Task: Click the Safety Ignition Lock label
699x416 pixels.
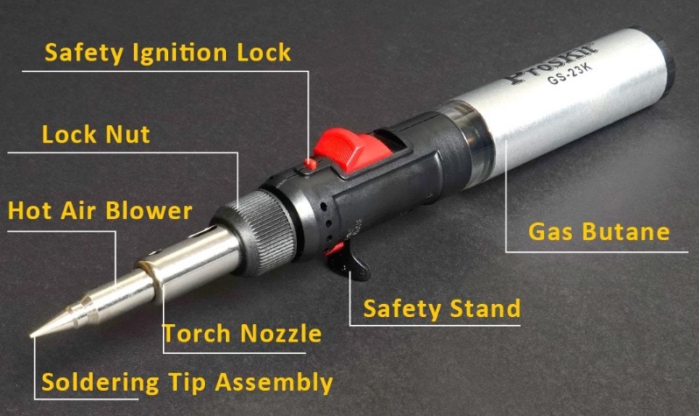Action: tap(167, 53)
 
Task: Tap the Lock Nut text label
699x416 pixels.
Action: tap(95, 134)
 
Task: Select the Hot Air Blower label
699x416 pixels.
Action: tap(101, 210)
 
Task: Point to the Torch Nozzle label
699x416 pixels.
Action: tap(242, 333)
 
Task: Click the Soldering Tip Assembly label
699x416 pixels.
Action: tap(187, 383)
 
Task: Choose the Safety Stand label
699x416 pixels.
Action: tap(441, 308)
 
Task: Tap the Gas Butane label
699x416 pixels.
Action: tap(598, 231)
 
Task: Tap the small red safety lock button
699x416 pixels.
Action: tap(310, 164)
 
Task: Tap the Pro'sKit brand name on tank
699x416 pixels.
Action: tap(553, 62)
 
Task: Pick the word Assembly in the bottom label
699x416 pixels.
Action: tap(274, 383)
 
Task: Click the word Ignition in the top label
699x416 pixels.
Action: tap(180, 53)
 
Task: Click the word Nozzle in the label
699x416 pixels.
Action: tap(281, 333)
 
